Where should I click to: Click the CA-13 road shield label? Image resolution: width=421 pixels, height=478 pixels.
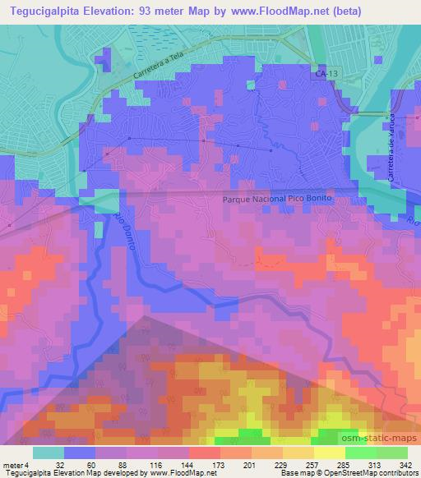326,74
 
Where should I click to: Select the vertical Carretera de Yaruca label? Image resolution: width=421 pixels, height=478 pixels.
394,149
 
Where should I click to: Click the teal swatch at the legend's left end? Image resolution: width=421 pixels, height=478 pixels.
49,452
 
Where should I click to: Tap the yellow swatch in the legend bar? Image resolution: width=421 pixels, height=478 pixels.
330,452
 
